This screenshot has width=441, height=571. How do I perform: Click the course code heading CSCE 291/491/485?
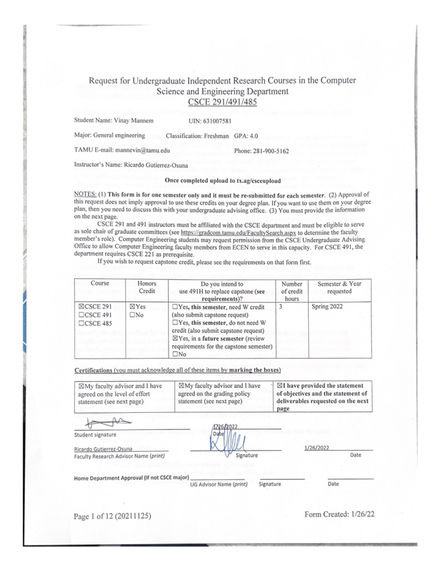click(x=222, y=102)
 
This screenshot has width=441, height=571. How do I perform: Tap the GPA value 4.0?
click(x=254, y=136)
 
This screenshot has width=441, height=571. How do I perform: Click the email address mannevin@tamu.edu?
click(x=143, y=150)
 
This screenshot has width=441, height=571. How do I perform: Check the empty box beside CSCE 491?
click(x=81, y=315)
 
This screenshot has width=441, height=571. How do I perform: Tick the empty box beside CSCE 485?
click(x=81, y=324)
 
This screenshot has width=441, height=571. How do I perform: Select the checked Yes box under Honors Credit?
click(x=132, y=307)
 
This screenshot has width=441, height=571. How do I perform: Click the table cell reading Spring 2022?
click(x=327, y=307)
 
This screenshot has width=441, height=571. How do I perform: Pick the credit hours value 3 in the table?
click(x=280, y=306)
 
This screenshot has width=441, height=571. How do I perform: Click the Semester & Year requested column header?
click(x=339, y=288)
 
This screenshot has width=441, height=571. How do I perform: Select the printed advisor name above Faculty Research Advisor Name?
click(x=103, y=449)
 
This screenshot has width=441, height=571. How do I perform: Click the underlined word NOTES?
click(x=85, y=195)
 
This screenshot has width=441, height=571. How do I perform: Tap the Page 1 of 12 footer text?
click(x=112, y=516)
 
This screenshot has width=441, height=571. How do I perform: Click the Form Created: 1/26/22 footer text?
click(x=339, y=514)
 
